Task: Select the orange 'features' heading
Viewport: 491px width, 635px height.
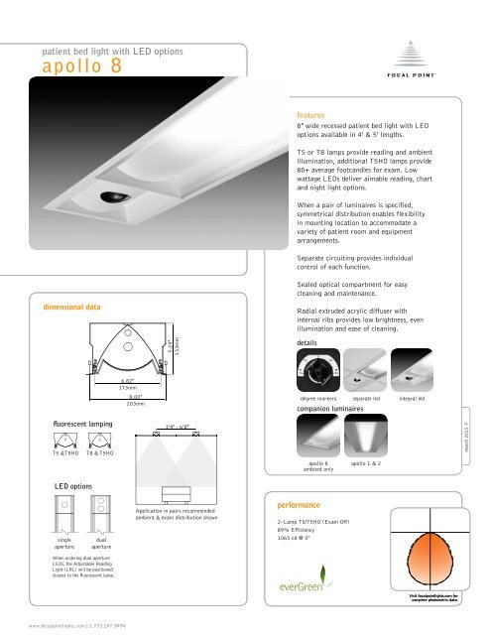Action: coord(315,115)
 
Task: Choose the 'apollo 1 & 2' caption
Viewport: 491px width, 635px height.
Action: coord(367,463)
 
